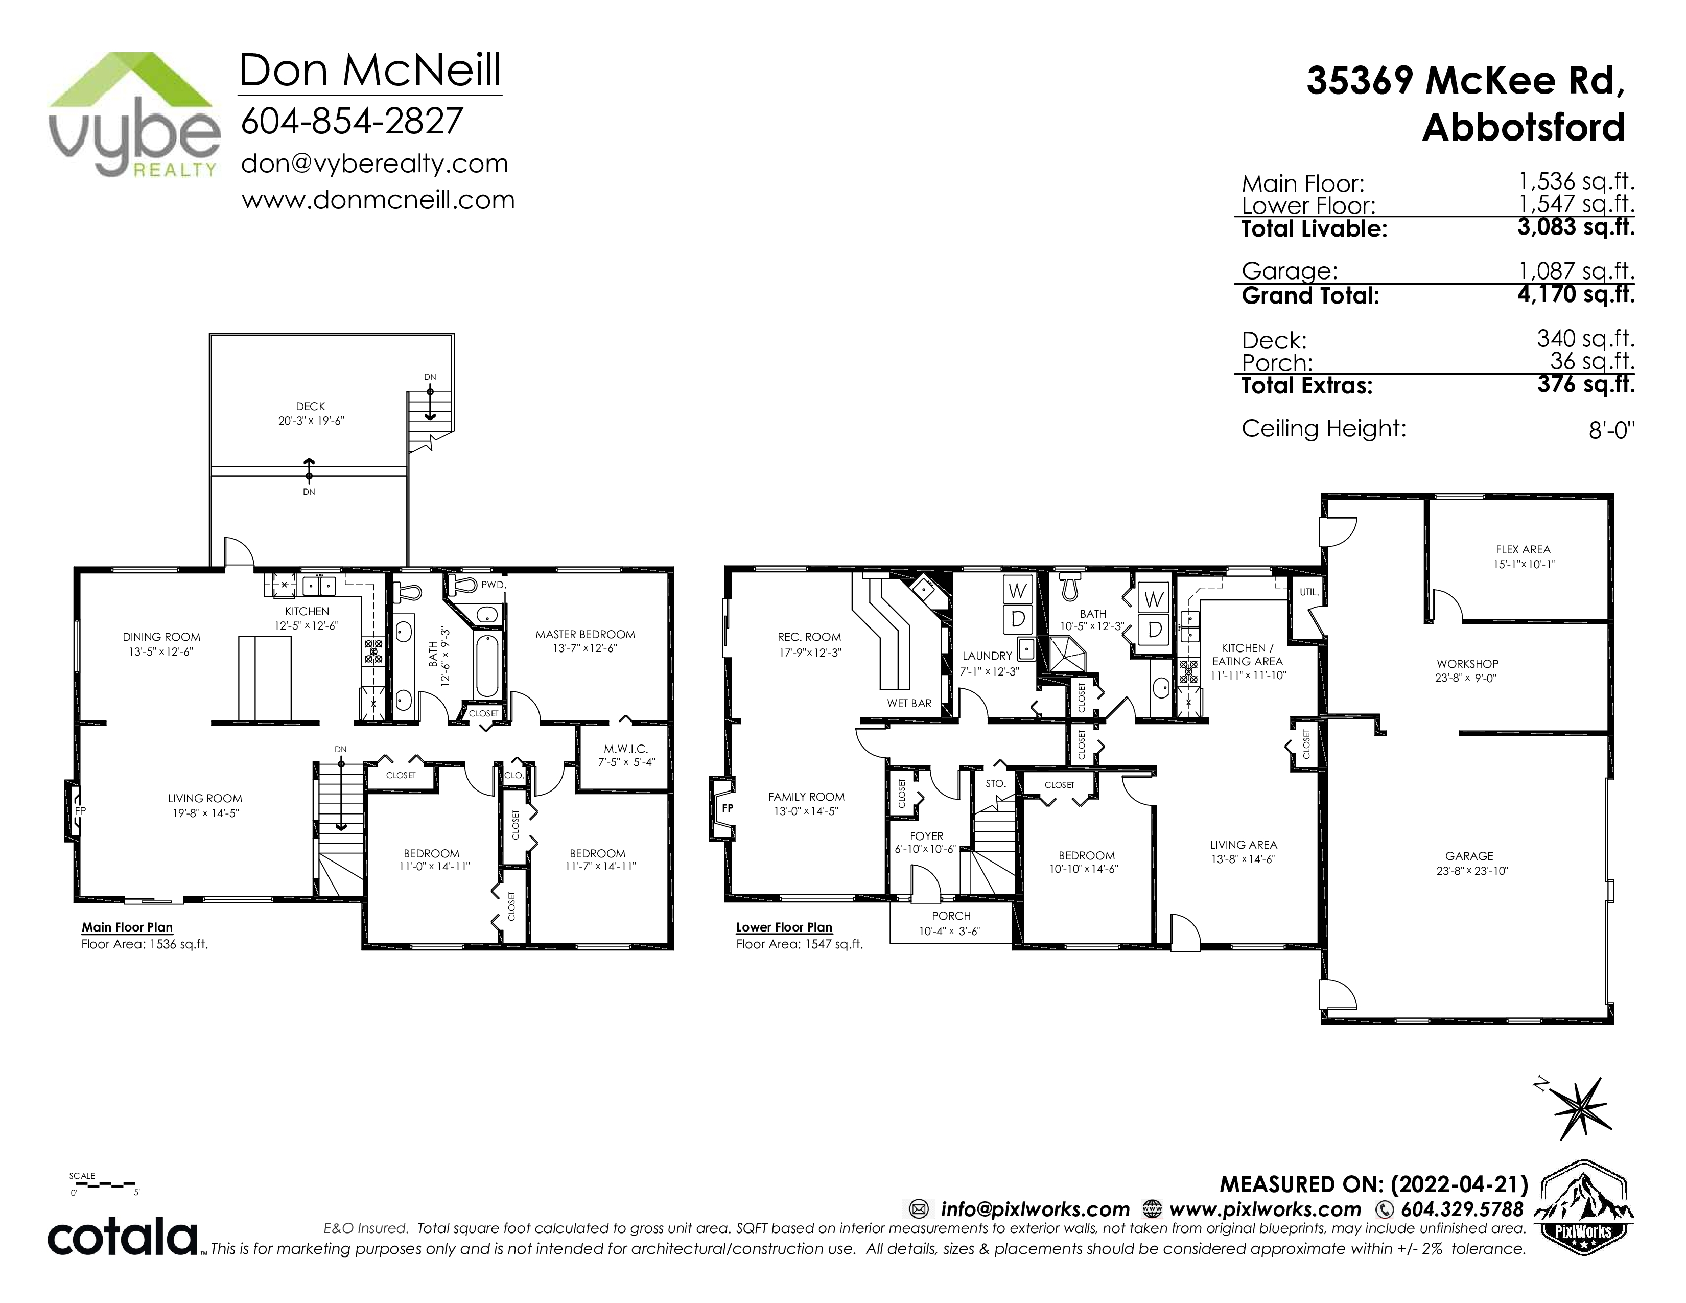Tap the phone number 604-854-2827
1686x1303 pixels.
(352, 121)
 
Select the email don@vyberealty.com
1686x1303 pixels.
(374, 164)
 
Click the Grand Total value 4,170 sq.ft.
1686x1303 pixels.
(1576, 294)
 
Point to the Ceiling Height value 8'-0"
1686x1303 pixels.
(1612, 430)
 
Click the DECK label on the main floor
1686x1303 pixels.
(310, 406)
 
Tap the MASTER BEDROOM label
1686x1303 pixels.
(585, 635)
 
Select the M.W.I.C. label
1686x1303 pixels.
(625, 749)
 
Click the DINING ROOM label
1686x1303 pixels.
(161, 637)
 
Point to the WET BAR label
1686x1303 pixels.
(909, 703)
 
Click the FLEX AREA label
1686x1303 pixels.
(1523, 550)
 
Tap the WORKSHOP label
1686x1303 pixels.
(1467, 664)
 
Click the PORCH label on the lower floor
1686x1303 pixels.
(951, 916)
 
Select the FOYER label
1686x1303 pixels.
(926, 836)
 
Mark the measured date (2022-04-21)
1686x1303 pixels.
(1460, 1184)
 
